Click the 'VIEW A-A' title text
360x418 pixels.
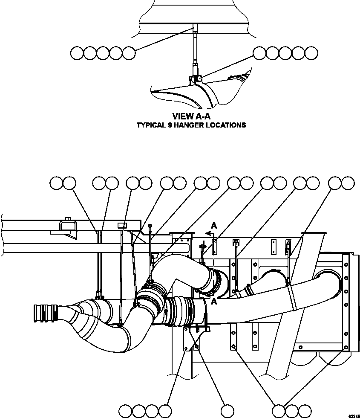191,116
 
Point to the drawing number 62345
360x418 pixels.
353,415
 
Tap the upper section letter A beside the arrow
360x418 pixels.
214,226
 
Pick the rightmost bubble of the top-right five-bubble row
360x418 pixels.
311,53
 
